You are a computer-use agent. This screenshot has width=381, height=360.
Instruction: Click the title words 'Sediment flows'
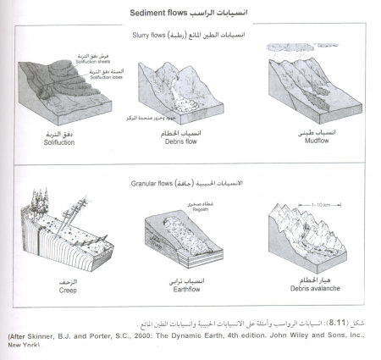(x=163, y=14)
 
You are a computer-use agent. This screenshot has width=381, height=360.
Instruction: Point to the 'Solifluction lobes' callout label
(x=101, y=79)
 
